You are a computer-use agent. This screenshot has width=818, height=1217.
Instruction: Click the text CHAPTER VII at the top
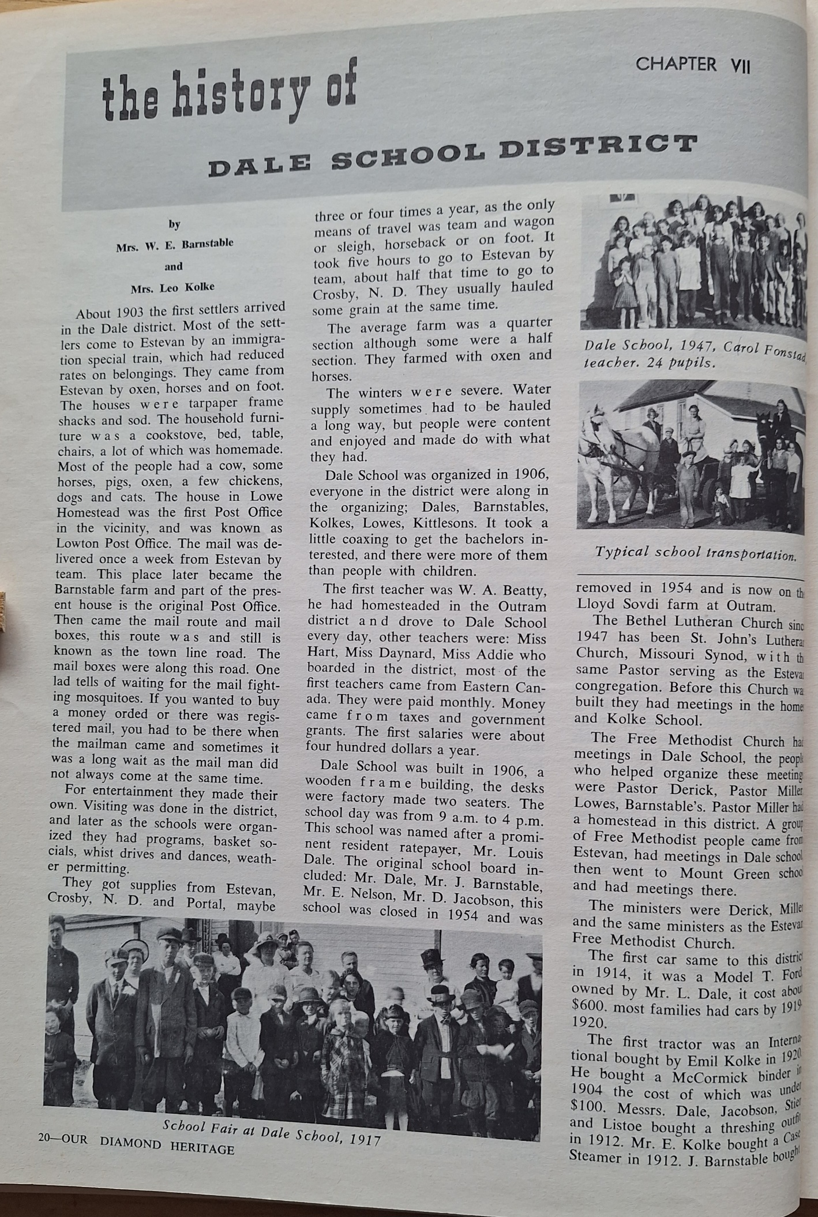click(692, 65)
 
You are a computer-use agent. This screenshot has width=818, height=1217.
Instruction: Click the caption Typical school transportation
click(695, 553)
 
